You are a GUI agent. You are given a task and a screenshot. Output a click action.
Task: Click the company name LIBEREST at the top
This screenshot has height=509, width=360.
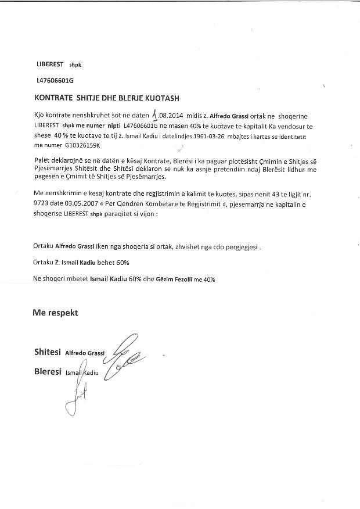49,64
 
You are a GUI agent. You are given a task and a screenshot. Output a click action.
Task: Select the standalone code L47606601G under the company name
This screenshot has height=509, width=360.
55,81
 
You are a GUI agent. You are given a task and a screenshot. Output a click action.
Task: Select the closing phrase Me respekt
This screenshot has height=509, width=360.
55,313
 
